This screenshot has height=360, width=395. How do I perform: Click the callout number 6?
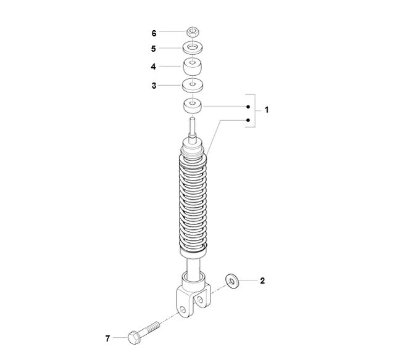[x=154, y=33]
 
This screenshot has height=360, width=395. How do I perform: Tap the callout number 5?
[x=154, y=49]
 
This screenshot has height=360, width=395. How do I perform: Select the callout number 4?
[x=154, y=67]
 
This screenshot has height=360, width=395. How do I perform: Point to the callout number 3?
[x=154, y=86]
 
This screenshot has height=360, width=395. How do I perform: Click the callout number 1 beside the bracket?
[x=267, y=110]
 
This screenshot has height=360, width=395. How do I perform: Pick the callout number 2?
[x=262, y=280]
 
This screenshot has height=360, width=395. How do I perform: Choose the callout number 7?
[x=107, y=338]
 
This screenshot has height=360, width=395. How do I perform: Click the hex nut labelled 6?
[x=193, y=32]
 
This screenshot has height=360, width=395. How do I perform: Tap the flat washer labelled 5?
[x=193, y=48]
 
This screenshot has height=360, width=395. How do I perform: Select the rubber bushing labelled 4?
[x=193, y=66]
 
